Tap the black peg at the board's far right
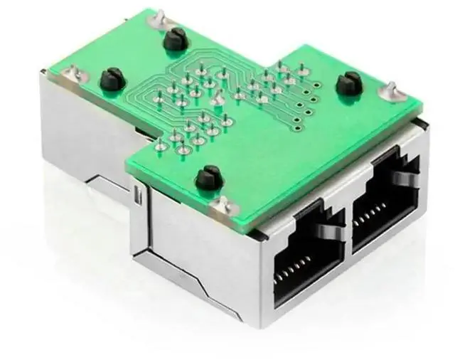(x=348, y=84)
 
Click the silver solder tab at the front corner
(x=222, y=206)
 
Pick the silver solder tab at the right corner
(x=390, y=90)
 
